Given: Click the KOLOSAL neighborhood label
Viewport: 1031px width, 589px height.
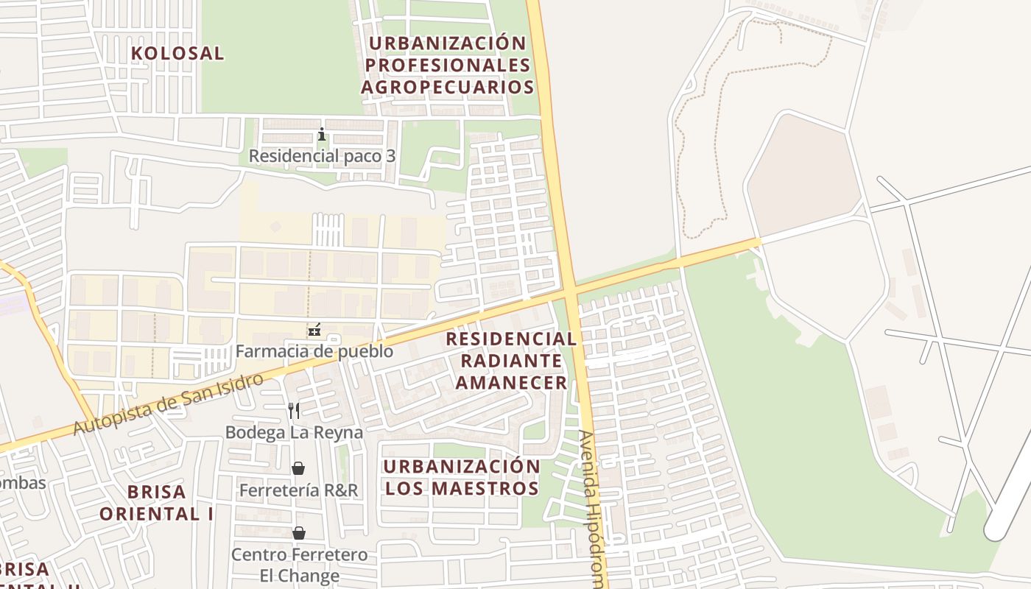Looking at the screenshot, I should (x=177, y=53).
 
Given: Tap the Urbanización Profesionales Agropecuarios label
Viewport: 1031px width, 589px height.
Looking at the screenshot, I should (x=447, y=65).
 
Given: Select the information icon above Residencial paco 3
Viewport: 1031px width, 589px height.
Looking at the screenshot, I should (x=321, y=134).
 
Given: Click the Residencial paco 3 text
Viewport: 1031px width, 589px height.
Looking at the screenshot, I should (x=322, y=156).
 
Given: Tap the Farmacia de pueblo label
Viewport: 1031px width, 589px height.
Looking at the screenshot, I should (x=314, y=351).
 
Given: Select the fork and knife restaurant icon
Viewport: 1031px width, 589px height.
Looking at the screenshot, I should (x=294, y=410).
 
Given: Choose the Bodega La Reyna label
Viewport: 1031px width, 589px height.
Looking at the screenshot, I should (x=295, y=432).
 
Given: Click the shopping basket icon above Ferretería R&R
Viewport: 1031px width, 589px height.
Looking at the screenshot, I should (x=298, y=468).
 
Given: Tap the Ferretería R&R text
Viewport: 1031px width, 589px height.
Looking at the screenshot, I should (x=298, y=490).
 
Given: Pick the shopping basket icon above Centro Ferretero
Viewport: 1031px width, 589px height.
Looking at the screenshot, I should (x=299, y=532).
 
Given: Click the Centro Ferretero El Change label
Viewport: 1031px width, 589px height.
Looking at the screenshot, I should (x=299, y=565).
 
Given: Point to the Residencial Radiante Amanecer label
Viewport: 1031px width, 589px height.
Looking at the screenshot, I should (x=512, y=360).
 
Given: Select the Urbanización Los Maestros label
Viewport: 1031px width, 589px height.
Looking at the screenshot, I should (x=462, y=477).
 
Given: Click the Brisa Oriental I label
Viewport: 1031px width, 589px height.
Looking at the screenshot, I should (x=157, y=502).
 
